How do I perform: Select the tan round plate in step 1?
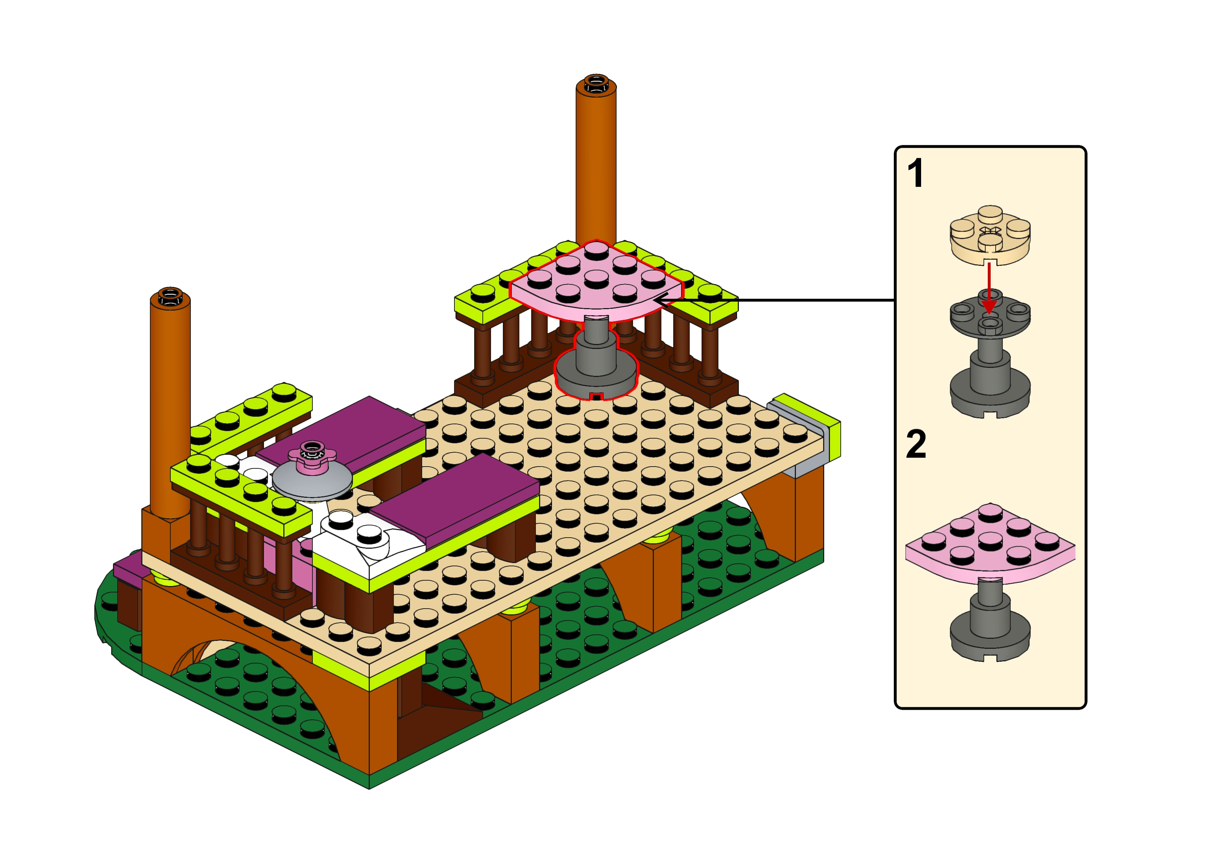[990, 235]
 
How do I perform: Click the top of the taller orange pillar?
[596, 83]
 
